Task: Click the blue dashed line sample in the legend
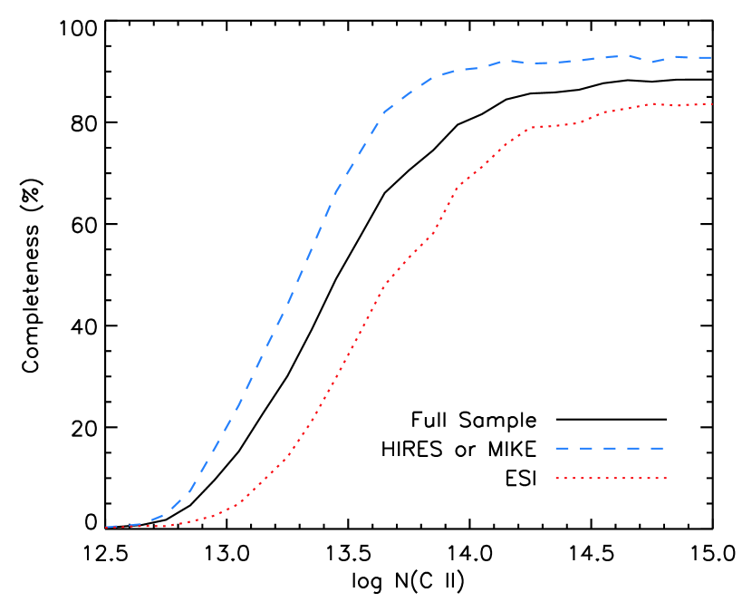point(609,448)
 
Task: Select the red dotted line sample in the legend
point(611,478)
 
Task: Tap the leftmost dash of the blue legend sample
point(562,448)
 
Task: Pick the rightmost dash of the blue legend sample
point(657,448)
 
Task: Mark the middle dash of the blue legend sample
point(609,448)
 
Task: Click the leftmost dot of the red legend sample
point(557,478)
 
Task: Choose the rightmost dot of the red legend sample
point(665,478)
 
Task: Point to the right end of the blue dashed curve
point(712,57)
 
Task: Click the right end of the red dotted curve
point(712,104)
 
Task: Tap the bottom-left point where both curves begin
point(106,527)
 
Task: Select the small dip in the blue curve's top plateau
point(651,62)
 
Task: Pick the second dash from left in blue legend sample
point(585,448)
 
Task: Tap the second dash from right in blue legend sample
point(633,448)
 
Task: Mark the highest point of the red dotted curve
point(654,103)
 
